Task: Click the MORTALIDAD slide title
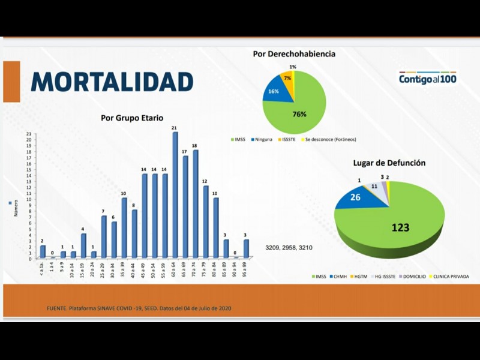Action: [112, 82]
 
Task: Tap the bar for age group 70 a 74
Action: [195, 204]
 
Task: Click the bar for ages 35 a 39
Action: [124, 228]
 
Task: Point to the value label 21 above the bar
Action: [174, 128]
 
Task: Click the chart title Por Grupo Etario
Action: [132, 118]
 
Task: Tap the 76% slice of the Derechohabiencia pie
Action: [300, 111]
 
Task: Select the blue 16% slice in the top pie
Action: [274, 91]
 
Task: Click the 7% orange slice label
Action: [287, 79]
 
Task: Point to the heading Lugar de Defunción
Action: [389, 163]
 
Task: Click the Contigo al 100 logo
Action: [428, 78]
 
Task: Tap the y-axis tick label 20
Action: [28, 140]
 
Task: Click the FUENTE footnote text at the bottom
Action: [139, 308]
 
